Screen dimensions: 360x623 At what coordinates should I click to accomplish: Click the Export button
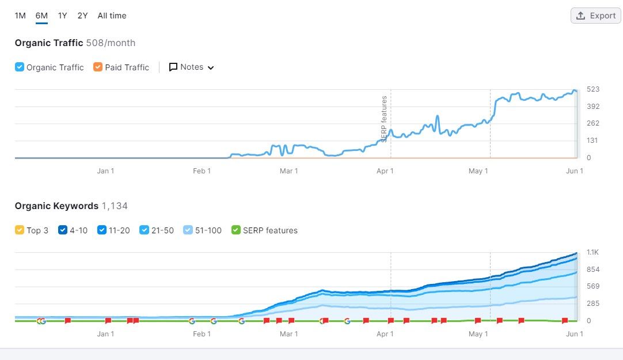tap(596, 16)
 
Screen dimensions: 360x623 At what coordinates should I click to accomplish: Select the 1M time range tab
tap(20, 16)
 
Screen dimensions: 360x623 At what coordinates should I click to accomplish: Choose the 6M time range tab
tap(41, 16)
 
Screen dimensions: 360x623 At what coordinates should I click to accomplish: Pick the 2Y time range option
tap(82, 16)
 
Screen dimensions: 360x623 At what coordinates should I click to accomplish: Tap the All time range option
tap(112, 16)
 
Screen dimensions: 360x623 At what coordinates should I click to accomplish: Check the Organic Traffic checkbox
tap(20, 67)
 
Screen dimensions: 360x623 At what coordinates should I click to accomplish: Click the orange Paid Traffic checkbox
tap(98, 67)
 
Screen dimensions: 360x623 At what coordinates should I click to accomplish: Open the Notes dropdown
tap(192, 67)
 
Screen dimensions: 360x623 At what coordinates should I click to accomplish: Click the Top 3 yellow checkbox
tap(20, 230)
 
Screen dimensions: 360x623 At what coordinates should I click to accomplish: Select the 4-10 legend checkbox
tap(63, 230)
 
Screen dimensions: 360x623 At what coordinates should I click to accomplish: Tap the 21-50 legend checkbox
tap(145, 230)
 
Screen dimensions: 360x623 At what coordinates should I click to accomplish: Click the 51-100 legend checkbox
tap(188, 230)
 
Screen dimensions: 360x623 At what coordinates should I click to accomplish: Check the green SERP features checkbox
tap(236, 230)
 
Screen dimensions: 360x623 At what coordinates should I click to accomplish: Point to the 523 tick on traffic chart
tap(593, 89)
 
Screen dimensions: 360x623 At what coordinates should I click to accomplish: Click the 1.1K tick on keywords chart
tap(593, 252)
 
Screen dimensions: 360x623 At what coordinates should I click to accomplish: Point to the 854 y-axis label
tap(593, 270)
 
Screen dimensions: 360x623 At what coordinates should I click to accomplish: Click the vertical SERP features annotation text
tap(384, 119)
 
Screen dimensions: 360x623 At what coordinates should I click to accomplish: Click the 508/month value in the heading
tap(111, 43)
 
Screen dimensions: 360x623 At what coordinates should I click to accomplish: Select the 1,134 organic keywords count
tap(115, 206)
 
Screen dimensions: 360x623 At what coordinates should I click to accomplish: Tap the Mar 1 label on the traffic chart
tap(288, 170)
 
